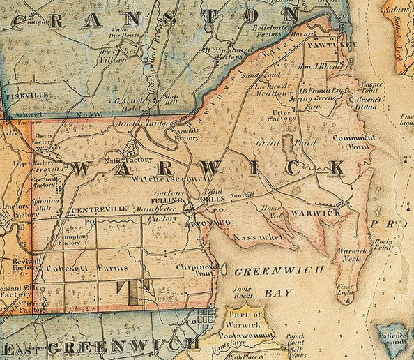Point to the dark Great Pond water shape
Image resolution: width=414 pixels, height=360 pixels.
[288, 147]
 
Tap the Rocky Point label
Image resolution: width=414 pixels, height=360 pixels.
[383, 243]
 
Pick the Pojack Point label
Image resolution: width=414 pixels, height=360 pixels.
[300, 340]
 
